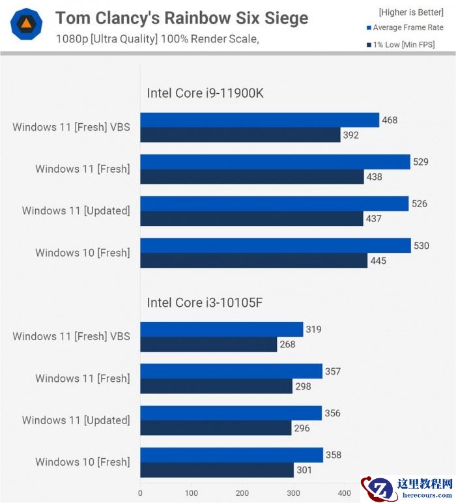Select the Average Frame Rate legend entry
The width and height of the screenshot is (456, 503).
pyautogui.click(x=405, y=27)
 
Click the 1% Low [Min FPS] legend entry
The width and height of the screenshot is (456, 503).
pyautogui.click(x=401, y=44)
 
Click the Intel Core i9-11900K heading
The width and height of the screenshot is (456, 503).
pyautogui.click(x=205, y=93)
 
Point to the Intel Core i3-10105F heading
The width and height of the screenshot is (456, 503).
pyautogui.click(x=205, y=302)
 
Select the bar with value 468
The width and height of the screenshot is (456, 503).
pyautogui.click(x=259, y=120)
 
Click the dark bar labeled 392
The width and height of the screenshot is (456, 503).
pyautogui.click(x=240, y=135)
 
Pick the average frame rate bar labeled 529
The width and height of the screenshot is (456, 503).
pyautogui.click(x=275, y=162)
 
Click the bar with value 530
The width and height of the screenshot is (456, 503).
pyautogui.click(x=276, y=246)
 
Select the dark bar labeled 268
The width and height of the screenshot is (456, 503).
pyautogui.click(x=208, y=344)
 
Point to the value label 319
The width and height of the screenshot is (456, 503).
pyautogui.click(x=313, y=329)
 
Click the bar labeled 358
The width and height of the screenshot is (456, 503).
pyautogui.click(x=231, y=455)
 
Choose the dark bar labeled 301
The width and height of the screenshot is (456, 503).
pyautogui.click(x=217, y=470)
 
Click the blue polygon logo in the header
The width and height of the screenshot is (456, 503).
pyautogui.click(x=27, y=25)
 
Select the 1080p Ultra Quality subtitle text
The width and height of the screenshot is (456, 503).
pyautogui.click(x=157, y=39)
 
